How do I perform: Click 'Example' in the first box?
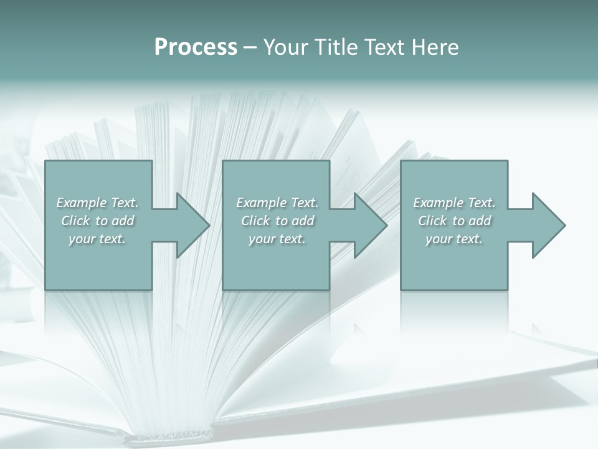point(81,203)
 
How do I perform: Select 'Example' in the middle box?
point(261,203)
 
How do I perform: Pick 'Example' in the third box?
point(438,203)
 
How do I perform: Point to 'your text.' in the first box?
point(97,239)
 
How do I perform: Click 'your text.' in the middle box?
point(277,239)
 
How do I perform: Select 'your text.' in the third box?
point(454,239)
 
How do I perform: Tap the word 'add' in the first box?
point(123,221)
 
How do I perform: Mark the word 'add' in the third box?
point(480,221)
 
